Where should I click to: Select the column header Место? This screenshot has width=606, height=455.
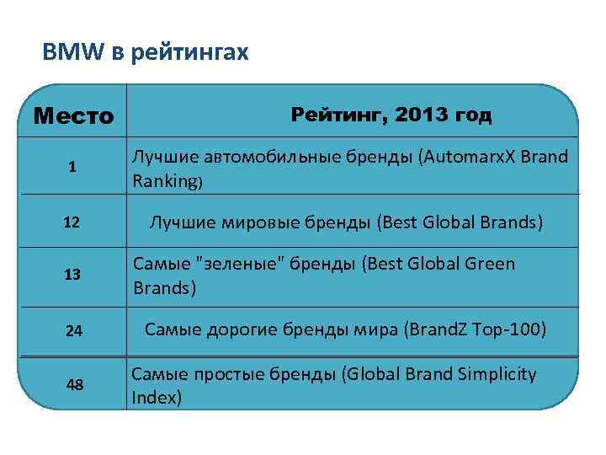coord(73,115)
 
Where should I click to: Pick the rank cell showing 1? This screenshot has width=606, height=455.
coord(73,167)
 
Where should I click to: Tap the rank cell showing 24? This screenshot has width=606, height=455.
coord(73,330)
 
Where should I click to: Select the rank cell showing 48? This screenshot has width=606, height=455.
coord(73,384)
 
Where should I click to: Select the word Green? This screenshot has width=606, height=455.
coord(485,265)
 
